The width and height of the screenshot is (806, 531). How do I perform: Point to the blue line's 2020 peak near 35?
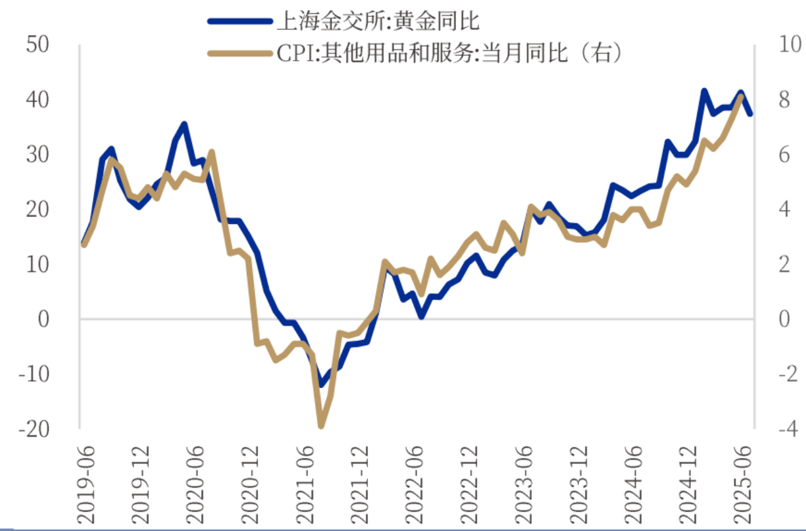(184, 124)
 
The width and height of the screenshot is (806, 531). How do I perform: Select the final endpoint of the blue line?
(750, 114)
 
